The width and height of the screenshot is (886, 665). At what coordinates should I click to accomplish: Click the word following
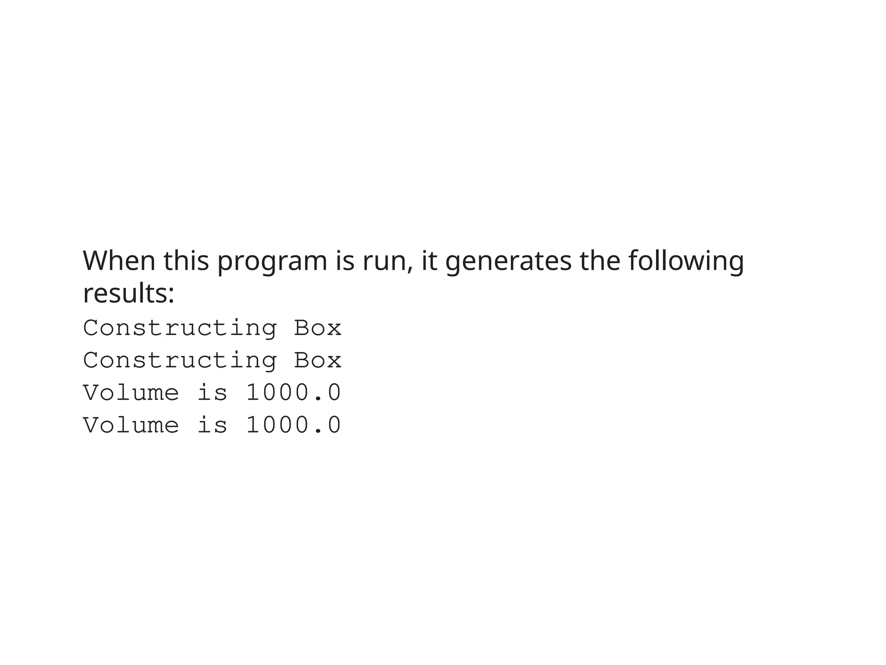[x=686, y=261]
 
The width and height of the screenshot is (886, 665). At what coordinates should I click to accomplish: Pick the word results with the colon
[x=128, y=294]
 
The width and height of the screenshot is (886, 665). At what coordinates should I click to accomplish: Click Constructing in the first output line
[x=180, y=328]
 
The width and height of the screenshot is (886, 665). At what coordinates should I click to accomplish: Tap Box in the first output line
[x=318, y=328]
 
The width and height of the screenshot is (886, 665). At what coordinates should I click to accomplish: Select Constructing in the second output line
[x=180, y=361]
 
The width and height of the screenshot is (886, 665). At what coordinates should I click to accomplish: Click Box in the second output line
[x=318, y=361]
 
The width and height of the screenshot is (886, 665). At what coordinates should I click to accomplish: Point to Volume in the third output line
[x=131, y=393]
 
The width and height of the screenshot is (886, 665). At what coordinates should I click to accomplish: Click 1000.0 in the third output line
[x=294, y=393]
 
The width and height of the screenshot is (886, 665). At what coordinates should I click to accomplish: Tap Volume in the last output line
[x=131, y=425]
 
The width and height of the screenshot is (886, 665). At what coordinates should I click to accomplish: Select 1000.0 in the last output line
[x=294, y=425]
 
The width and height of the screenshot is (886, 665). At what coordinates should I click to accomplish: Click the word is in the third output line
[x=212, y=393]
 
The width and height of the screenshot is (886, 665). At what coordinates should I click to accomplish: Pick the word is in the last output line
[x=212, y=425]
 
